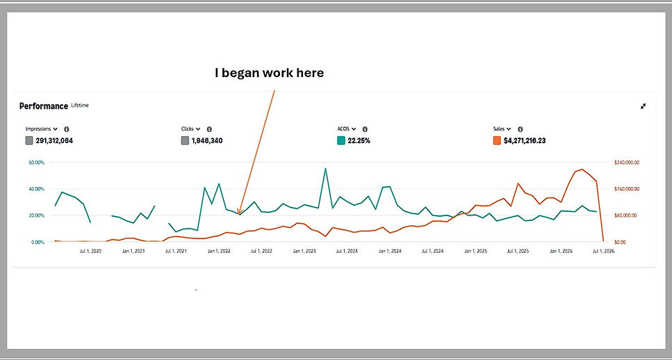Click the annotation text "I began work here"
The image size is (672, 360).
point(269,74)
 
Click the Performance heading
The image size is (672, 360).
point(44,106)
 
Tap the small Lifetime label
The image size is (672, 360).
point(80,105)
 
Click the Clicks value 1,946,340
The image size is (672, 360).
point(207,140)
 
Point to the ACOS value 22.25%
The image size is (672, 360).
point(359,140)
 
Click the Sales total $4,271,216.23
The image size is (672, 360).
point(525,140)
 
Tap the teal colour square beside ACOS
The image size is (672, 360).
point(341,140)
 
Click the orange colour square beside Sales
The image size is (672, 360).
point(497,140)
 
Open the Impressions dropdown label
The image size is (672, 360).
point(42,129)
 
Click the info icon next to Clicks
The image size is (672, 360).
point(209,129)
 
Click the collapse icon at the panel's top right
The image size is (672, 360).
point(643,106)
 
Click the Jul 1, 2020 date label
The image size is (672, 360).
point(90,252)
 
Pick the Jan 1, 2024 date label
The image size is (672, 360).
point(390,252)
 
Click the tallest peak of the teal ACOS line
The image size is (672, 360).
point(325,168)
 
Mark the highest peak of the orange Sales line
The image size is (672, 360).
point(582,170)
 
